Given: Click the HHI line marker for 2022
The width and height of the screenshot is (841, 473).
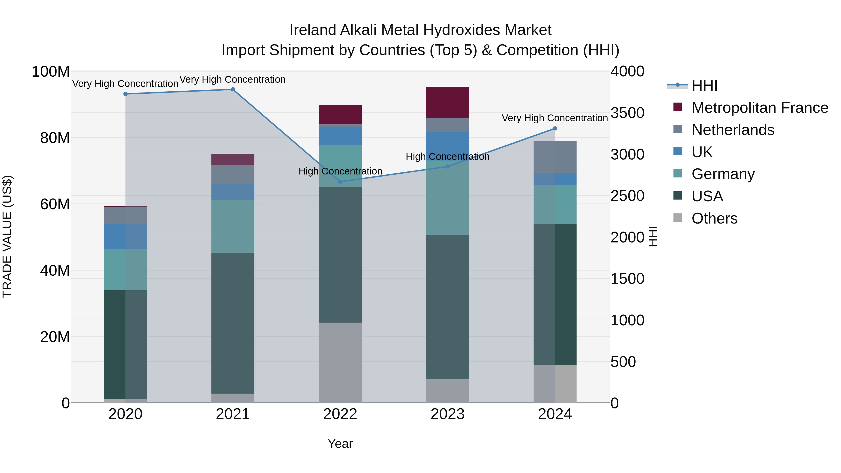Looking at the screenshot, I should click(340, 182).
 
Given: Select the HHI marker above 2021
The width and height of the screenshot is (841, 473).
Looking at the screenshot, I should click(233, 89).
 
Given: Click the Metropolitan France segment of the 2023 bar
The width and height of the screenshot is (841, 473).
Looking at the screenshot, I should click(448, 102).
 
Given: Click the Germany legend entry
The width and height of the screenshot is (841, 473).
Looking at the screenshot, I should click(723, 174).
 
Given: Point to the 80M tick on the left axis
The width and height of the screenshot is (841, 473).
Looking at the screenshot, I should click(55, 138).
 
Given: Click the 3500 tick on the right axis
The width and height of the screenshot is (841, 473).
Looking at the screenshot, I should click(627, 113).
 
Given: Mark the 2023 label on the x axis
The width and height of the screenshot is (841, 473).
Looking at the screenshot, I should click(447, 414).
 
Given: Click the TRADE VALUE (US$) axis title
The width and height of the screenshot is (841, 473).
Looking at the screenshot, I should click(7, 236).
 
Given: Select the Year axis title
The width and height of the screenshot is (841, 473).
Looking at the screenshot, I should click(340, 444).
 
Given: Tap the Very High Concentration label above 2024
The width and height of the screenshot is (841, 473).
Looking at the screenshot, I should click(554, 118).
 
